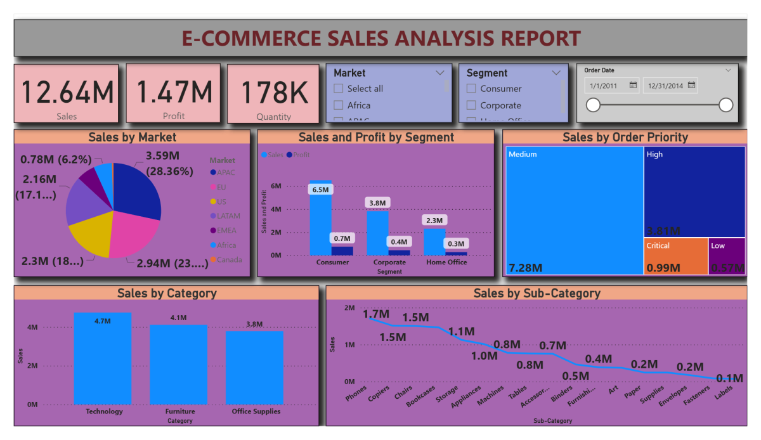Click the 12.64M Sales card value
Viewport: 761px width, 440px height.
pos(68,92)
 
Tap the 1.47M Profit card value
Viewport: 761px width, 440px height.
pos(174,92)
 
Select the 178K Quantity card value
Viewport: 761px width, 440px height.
pos(274,92)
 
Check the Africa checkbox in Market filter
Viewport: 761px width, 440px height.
pos(339,105)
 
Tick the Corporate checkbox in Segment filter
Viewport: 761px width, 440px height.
pos(471,105)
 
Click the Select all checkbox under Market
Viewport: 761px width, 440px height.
pos(339,89)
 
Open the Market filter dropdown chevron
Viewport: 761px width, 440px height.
pos(440,73)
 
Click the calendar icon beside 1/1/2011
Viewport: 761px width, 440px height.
pos(633,85)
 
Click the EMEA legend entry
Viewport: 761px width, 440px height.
pos(226,230)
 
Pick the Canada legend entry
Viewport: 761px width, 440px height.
pos(229,259)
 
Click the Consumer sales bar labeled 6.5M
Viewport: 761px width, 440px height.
pos(320,222)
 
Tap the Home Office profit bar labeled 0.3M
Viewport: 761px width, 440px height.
pos(456,253)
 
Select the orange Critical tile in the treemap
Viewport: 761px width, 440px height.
pos(675,256)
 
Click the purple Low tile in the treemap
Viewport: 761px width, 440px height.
pos(727,256)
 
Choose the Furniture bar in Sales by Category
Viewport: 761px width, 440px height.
pos(178,364)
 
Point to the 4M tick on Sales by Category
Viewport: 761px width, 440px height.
pos(32,327)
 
